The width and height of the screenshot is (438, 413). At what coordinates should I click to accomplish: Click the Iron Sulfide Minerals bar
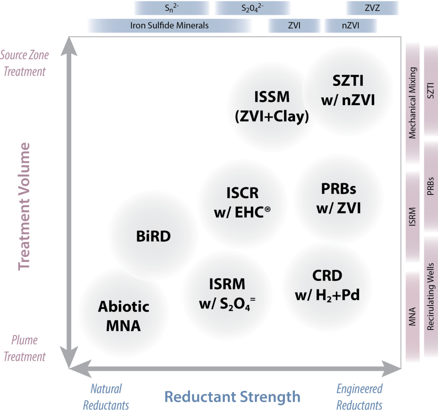tap(169, 26)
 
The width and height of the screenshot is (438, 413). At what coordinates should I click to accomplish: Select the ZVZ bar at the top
tap(372, 8)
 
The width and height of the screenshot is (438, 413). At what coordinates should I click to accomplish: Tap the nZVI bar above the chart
tap(350, 26)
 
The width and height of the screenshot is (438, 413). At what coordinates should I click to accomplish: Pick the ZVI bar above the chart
tap(294, 26)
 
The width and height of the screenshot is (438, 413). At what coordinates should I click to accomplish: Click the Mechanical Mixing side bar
tap(412, 103)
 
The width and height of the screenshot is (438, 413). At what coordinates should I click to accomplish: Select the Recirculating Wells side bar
tap(431, 296)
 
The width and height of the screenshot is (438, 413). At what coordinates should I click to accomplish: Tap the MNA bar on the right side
tap(412, 316)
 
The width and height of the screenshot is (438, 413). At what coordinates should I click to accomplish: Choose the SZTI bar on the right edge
tap(431, 91)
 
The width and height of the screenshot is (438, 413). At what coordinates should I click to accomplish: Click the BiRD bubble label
tap(153, 237)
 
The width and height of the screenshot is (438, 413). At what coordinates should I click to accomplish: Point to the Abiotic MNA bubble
tap(124, 316)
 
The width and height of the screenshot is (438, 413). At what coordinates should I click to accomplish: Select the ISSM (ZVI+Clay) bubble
tap(272, 107)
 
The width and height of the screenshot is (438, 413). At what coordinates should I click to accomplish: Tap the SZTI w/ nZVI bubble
tap(348, 90)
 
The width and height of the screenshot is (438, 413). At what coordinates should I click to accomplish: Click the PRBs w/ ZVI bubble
tap(338, 198)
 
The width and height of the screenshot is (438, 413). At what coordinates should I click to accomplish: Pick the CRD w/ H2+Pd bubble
tap(327, 285)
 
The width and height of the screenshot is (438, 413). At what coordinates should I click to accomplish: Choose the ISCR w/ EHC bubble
tap(242, 202)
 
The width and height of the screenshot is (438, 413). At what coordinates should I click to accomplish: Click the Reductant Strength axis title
tap(232, 396)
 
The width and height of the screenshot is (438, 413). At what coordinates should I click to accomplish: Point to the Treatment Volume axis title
tap(24, 206)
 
